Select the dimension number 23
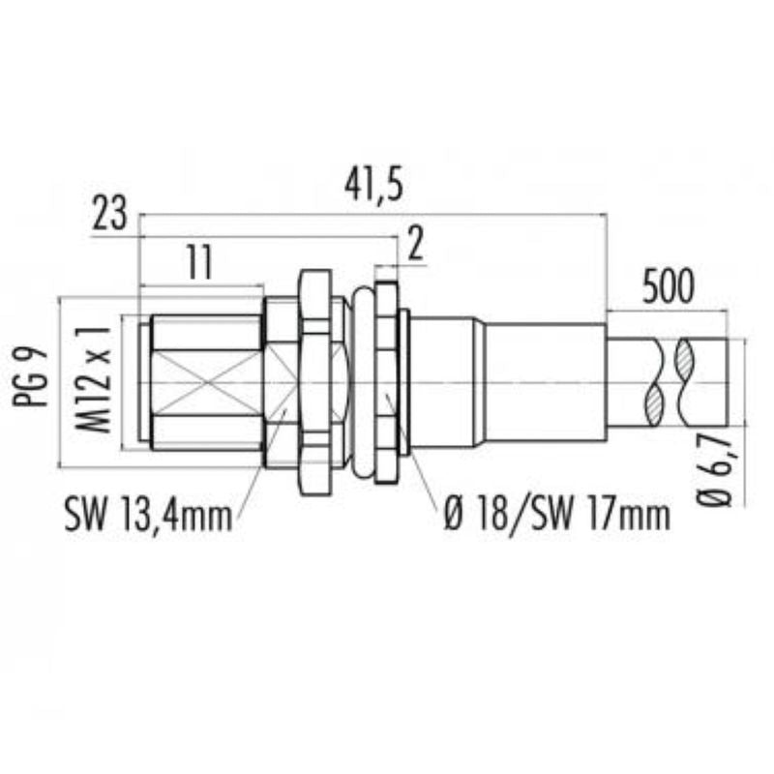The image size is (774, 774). [110, 215]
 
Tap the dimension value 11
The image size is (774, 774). [198, 263]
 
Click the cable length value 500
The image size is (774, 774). [668, 287]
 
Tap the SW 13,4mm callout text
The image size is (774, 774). [150, 514]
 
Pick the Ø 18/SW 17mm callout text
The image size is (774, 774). [556, 514]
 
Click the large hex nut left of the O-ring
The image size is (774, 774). [315, 383]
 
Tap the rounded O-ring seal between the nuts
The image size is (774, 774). [363, 383]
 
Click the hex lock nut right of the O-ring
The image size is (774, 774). [385, 383]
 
